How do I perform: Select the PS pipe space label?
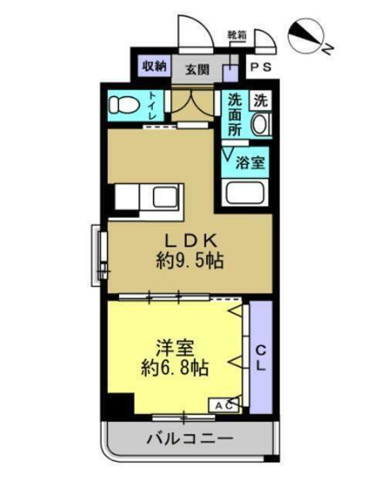260,67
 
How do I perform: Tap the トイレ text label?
152,105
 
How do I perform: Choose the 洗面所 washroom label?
235,114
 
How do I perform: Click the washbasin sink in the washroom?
260,125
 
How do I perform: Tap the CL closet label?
260,357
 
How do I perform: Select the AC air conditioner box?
222,405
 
